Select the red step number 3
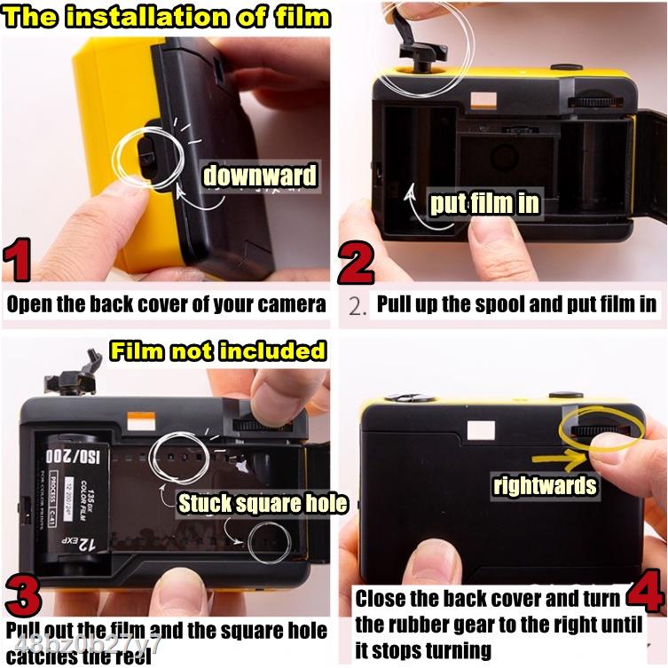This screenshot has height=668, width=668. click(x=23, y=596)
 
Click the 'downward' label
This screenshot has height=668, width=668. click(x=259, y=175)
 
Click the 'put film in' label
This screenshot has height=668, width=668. click(x=484, y=204)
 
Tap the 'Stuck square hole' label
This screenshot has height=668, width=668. click(x=263, y=504)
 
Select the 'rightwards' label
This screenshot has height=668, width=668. click(x=545, y=485)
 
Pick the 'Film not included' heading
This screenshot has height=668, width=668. click(x=217, y=350)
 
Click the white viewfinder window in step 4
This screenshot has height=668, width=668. click(x=481, y=431)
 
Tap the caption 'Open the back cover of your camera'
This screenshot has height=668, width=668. click(x=166, y=304)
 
